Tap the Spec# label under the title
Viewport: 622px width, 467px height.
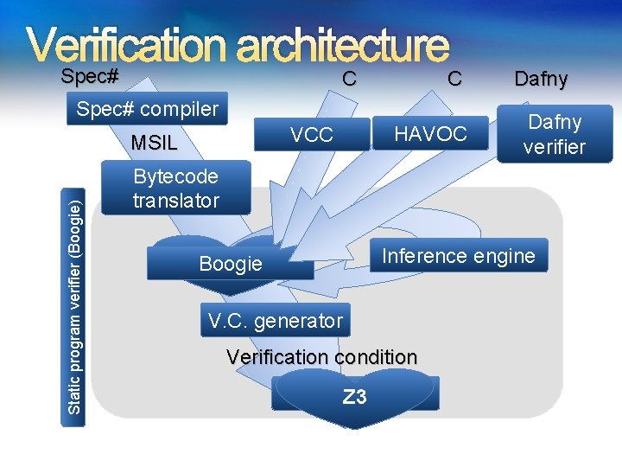90,76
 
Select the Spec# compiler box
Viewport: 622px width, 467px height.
148,110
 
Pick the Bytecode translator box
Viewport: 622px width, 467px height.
175,189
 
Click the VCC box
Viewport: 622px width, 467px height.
312,134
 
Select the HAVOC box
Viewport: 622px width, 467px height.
430,134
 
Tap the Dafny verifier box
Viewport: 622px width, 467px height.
555,134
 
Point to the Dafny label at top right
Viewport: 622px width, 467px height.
541,80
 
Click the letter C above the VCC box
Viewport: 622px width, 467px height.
348,79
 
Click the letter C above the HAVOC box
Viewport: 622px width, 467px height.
454,79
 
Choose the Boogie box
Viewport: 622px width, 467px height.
230,263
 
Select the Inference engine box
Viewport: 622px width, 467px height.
459,256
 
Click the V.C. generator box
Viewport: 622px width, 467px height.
276,322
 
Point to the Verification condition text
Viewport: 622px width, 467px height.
321,356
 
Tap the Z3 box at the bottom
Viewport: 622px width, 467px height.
355,397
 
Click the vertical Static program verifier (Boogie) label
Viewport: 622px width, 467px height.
76,306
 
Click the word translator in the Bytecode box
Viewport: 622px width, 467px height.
176,201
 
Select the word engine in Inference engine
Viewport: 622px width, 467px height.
505,256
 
